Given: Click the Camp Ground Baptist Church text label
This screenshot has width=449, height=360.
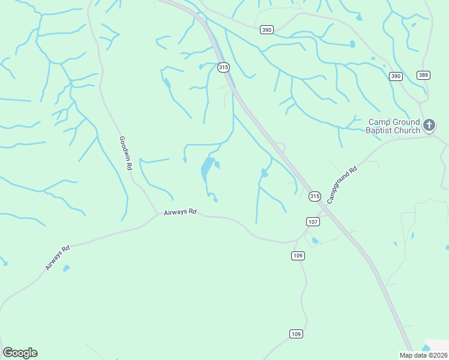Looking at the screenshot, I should point(394,126).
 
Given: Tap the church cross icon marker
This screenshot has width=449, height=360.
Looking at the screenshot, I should point(429,125).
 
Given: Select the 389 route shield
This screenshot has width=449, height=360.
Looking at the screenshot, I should point(424,75).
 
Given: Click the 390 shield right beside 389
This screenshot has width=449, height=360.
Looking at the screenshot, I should point(395,76).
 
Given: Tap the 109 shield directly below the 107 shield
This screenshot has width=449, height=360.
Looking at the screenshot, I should point(298,256).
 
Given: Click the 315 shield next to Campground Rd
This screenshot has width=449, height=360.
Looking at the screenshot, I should point(315,197).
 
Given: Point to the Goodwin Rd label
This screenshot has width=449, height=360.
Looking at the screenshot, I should point(124,154).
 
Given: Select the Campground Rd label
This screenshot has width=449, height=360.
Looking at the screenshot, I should point(342,184).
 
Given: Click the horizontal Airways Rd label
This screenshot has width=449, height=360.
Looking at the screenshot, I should point(180,212).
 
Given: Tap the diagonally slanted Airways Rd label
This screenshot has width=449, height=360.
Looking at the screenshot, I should point(58,257).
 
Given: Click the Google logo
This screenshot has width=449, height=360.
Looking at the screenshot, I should point(20,353).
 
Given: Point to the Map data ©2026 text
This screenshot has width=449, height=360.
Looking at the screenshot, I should point(423,355).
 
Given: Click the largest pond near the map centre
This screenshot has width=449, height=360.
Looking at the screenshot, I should point(206,169).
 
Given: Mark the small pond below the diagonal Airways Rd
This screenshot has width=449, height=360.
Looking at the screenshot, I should point(66,268).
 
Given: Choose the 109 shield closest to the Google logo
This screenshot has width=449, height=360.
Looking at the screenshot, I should point(295,334).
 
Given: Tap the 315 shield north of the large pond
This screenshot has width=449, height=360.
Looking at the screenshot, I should point(223,67).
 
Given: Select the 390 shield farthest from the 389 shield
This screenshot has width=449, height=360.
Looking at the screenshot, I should point(267,29).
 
